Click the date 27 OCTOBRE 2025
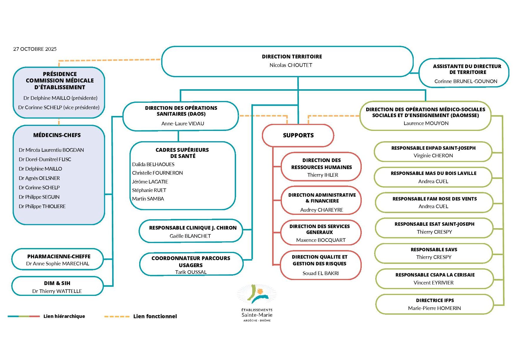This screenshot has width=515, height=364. coord(35,49)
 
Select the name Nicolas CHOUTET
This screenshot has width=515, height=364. coord(291,65)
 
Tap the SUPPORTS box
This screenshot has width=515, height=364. coord(298,135)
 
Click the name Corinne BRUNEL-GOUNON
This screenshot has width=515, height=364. coord(466,81)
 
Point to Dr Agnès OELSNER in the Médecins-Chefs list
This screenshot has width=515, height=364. coord(39,178)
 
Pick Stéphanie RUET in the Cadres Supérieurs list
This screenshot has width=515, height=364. coord(149,190)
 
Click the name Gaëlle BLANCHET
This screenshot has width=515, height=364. coord(190,236)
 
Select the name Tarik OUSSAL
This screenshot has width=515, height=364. coord(191,272)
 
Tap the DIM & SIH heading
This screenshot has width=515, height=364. coord(57,283)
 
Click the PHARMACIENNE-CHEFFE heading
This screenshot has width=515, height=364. coord(59,257)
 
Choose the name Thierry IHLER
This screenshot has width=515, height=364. coord(322,175)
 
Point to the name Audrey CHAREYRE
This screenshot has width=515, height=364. coord(322,210)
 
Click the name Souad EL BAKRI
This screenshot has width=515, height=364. coord(320,273)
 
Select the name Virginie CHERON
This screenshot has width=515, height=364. coord(433,156)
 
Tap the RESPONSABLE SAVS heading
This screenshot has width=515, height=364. coord(434,250)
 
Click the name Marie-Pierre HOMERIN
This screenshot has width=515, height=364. coord(434,308)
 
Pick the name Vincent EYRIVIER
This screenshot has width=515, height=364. coord(433,283)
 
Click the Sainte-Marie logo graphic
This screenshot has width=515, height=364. coord(257,294)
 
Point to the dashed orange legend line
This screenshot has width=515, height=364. coord(117,316)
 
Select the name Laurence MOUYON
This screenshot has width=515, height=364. coord(426,123)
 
